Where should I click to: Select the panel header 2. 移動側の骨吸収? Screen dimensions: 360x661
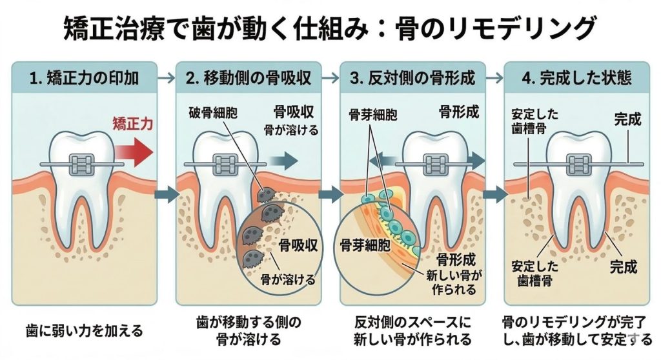click(x=249, y=79)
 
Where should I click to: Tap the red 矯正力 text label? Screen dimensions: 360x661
click(x=132, y=124)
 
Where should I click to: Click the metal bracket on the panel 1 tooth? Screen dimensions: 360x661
click(x=81, y=163)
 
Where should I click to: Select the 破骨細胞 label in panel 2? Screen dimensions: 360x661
click(x=213, y=113)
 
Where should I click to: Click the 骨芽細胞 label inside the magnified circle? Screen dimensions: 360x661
click(x=363, y=246)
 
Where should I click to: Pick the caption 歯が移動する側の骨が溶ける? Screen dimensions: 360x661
click(x=249, y=330)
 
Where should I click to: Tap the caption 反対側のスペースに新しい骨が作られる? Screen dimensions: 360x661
click(x=412, y=330)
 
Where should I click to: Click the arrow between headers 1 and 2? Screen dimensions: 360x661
click(x=167, y=79)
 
